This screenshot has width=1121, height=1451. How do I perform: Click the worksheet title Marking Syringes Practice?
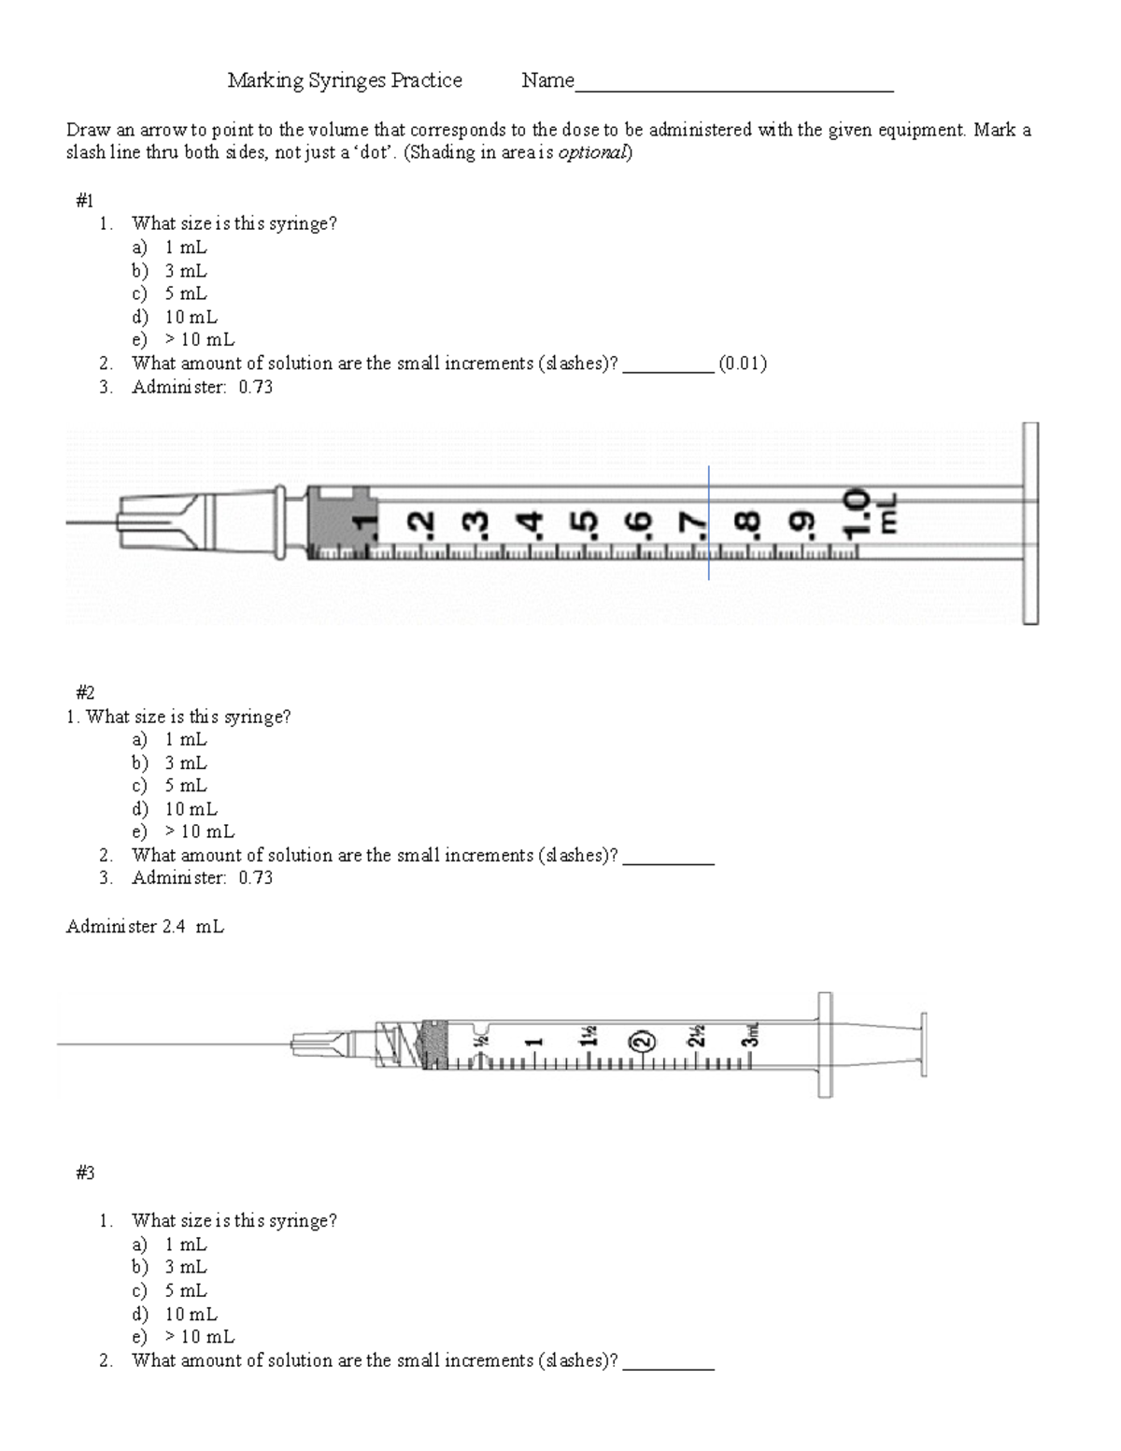pyautogui.click(x=345, y=80)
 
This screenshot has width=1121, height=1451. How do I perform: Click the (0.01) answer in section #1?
pyautogui.click(x=743, y=363)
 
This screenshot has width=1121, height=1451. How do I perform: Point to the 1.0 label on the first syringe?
pyautogui.click(x=857, y=516)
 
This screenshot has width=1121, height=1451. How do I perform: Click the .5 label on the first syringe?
pyautogui.click(x=585, y=524)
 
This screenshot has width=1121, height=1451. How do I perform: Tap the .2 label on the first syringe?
pyautogui.click(x=423, y=524)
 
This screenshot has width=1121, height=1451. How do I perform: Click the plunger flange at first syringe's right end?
pyautogui.click(x=1029, y=523)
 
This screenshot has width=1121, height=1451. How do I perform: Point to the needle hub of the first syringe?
pyautogui.click(x=163, y=519)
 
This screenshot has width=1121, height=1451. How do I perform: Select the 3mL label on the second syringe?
pyautogui.click(x=750, y=1034)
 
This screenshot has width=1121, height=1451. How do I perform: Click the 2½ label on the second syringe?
pyautogui.click(x=696, y=1038)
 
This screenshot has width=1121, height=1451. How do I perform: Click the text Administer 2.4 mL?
pyautogui.click(x=145, y=927)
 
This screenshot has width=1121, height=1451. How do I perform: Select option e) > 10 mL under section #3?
pyautogui.click(x=183, y=1337)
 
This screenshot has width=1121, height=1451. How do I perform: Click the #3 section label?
pyautogui.click(x=85, y=1174)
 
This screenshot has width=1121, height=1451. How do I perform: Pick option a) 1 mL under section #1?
pyautogui.click(x=170, y=248)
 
